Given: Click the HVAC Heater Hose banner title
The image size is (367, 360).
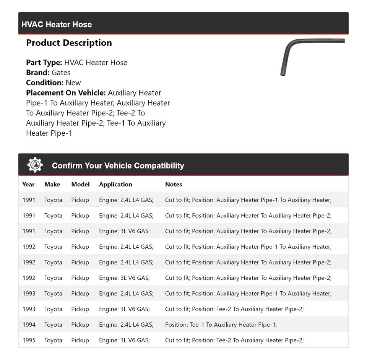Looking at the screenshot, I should (x=57, y=24).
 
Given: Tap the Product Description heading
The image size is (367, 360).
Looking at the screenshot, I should (x=69, y=43).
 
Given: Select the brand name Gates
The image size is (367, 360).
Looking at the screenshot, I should (x=61, y=73).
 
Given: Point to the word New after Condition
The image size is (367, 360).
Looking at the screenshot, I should (x=73, y=83).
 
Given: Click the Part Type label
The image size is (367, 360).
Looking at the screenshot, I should (x=44, y=63).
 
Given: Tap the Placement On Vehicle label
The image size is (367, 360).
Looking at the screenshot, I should (x=66, y=93).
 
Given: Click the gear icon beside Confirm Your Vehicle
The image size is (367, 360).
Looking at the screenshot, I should (x=35, y=165).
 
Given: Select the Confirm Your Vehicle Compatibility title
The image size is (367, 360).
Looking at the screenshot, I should (x=118, y=166).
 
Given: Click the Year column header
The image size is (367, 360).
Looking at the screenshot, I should (x=28, y=184).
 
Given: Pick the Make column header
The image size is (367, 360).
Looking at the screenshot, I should (x=52, y=184).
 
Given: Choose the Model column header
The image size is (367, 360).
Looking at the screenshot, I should (x=80, y=184).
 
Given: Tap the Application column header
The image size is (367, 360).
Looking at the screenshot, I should (x=115, y=184).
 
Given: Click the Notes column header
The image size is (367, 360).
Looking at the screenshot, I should (x=174, y=184).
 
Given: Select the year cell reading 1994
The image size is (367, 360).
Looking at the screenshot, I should (x=29, y=325).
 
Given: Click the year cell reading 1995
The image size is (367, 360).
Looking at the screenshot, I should (x=29, y=340).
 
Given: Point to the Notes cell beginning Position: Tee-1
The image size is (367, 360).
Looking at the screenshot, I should (x=221, y=325).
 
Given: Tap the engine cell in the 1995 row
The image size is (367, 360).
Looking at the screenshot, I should (x=124, y=340).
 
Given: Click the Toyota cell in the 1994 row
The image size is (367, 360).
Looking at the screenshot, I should (x=53, y=325).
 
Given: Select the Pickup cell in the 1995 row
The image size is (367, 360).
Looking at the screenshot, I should (x=80, y=340).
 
